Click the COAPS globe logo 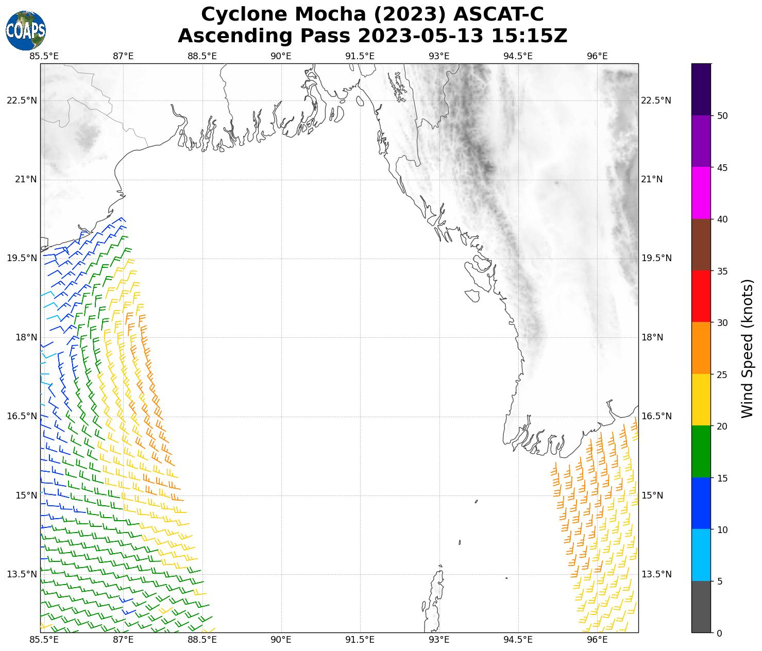tap(26, 30)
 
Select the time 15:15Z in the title tap(529, 36)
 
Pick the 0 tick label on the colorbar tap(719, 633)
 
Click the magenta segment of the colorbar tap(701, 193)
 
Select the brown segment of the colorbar tap(701, 245)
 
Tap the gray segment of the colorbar tap(701, 607)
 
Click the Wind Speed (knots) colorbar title tap(748, 348)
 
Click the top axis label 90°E tap(281, 56)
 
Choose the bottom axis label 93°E tap(439, 640)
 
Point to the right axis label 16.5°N tap(656, 416)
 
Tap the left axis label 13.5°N tap(22, 574)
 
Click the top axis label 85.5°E tap(44, 56)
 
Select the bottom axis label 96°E tap(597, 640)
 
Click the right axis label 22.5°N tap(656, 100)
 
